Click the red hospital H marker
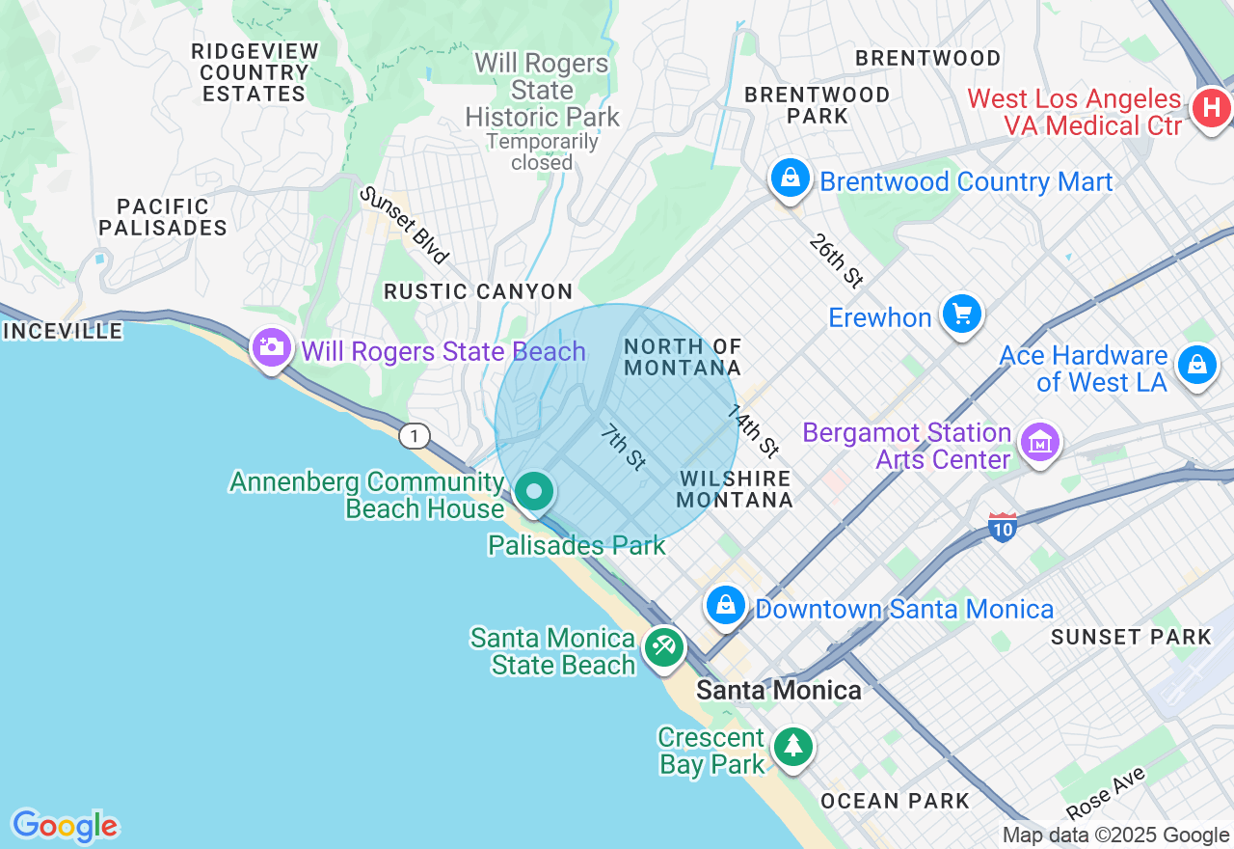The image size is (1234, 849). pos(1211,108)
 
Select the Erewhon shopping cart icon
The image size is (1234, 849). pos(961,315)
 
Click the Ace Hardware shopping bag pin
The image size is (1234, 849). pos(1196,366)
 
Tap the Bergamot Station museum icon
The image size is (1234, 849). pos(1040,444)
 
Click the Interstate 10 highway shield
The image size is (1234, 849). pos(1003,527)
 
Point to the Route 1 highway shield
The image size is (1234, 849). pos(414,437)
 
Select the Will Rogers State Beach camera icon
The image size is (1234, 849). pos(271,348)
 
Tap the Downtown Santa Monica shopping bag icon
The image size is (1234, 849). pos(725,606)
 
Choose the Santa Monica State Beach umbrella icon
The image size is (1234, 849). pos(663,646)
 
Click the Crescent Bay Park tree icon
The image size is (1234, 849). pos(792,747)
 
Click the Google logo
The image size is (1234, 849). pos(65,826)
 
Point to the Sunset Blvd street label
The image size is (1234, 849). pos(405,226)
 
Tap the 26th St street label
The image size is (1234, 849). pos(836,260)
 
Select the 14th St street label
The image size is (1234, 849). pos(753,430)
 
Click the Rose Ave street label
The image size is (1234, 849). pos(1106,793)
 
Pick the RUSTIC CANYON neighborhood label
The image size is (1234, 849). pos(478,291)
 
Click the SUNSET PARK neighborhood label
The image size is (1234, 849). pos(1131,637)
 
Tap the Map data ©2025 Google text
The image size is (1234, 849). pos(1115,835)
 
